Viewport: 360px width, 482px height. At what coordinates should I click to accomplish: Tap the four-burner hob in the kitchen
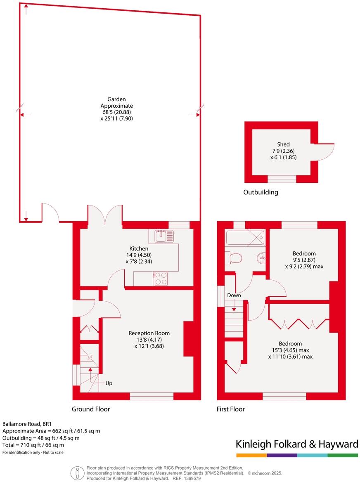161,279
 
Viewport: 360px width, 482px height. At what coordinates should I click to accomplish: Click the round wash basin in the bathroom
261,258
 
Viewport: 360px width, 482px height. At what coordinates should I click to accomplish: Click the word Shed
283,144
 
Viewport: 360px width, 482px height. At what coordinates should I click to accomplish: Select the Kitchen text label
139,248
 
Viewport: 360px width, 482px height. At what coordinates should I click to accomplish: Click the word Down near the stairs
234,295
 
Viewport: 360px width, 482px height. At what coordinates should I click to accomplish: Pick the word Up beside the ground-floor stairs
109,383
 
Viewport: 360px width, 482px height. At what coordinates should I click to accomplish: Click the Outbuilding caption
261,192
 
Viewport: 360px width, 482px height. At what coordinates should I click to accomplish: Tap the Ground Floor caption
91,409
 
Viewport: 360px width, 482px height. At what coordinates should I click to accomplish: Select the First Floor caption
231,409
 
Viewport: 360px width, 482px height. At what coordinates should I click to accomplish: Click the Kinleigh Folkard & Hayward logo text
297,444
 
